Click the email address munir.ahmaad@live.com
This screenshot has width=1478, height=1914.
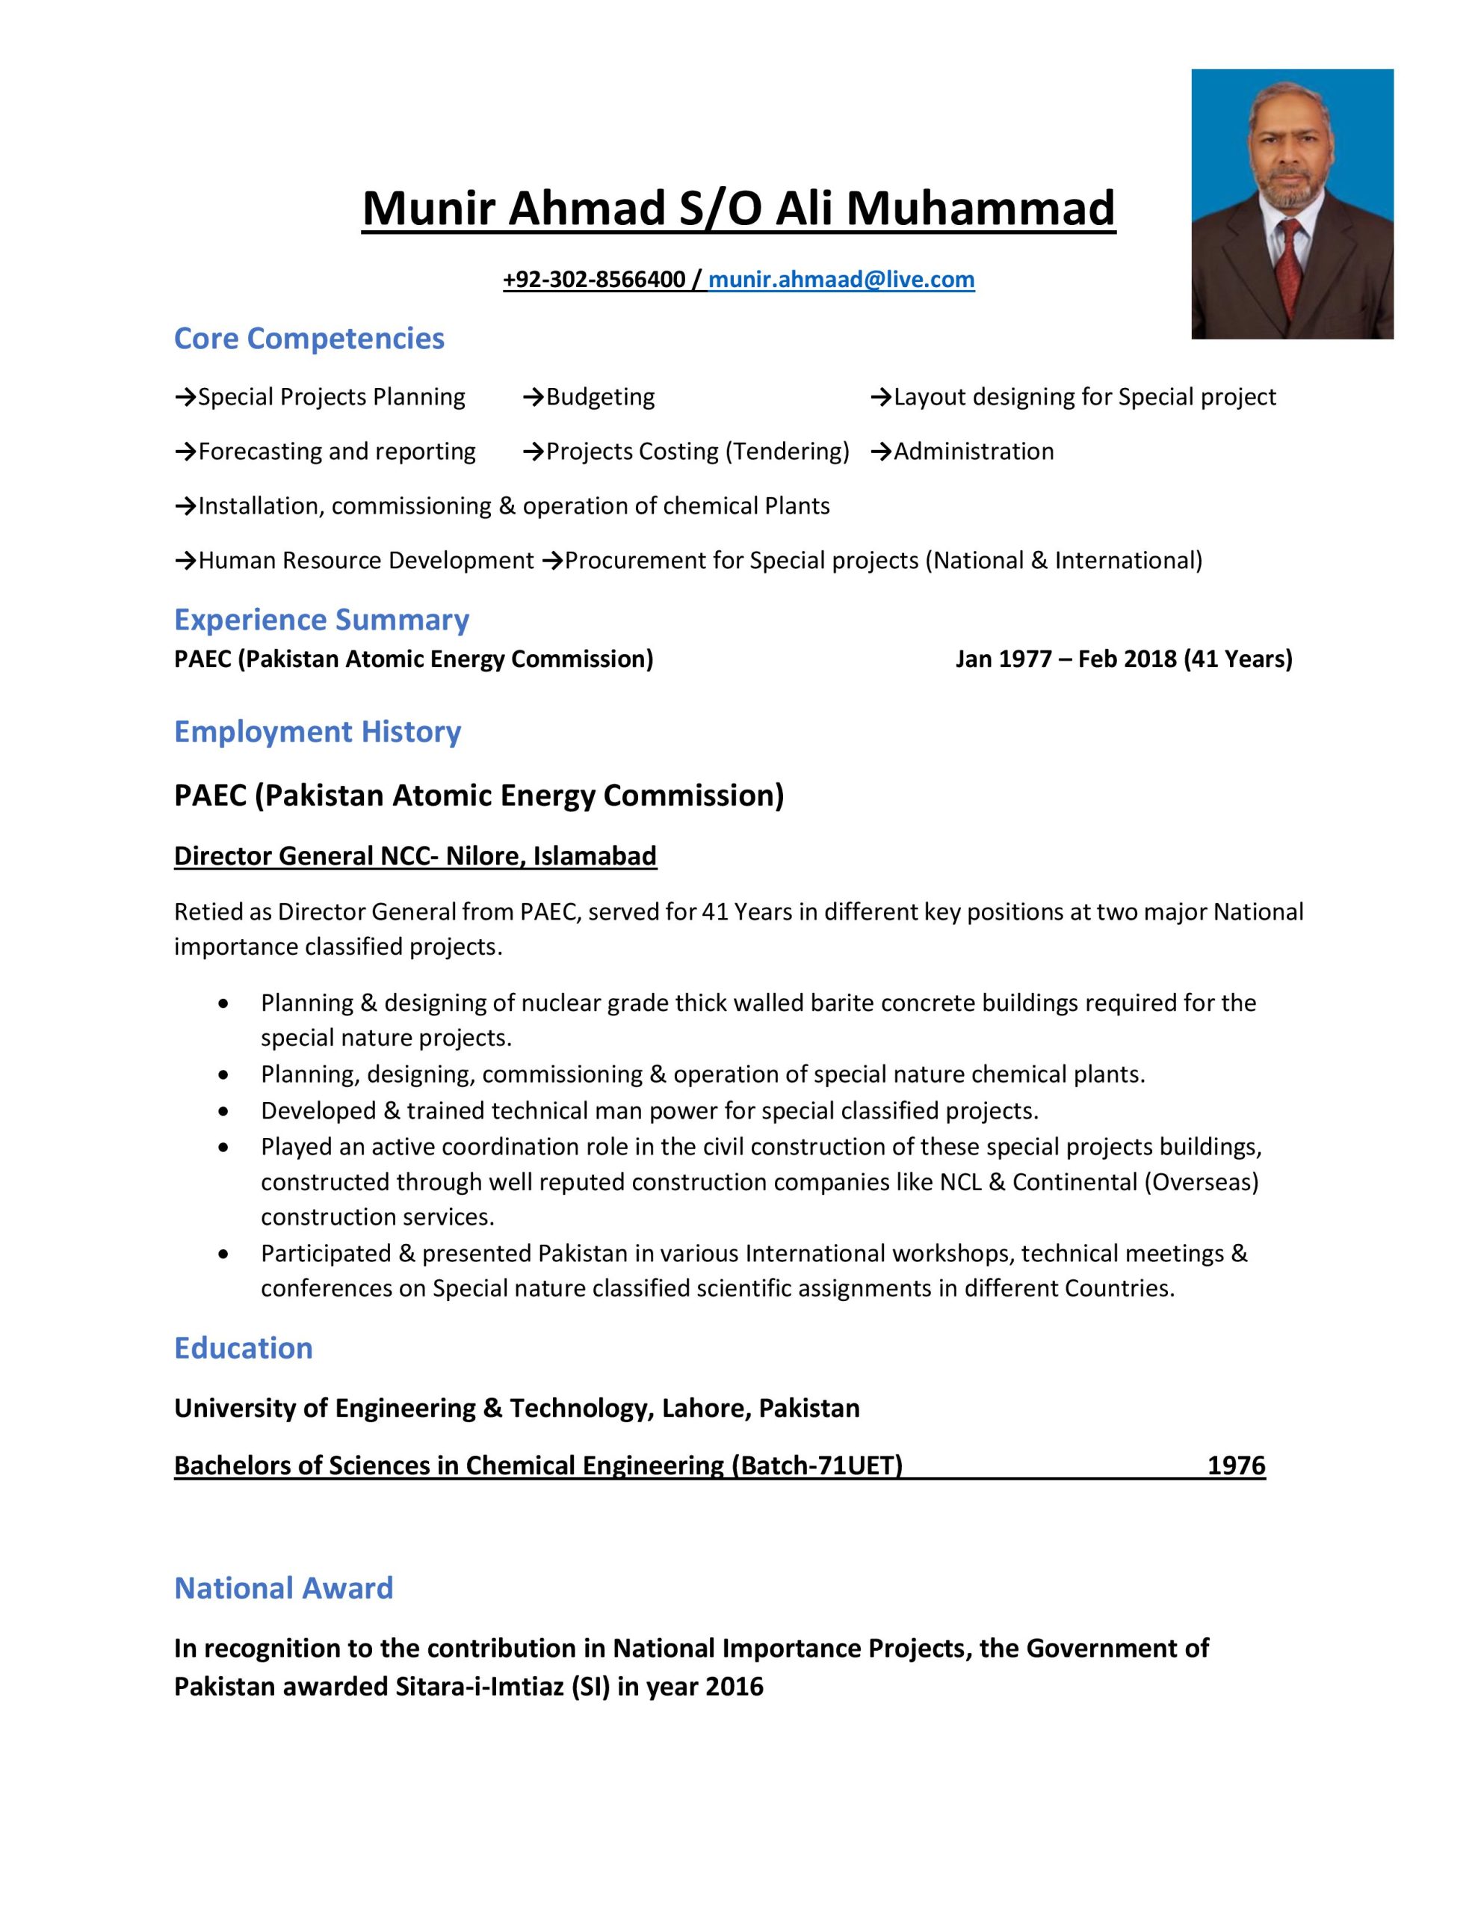point(841,280)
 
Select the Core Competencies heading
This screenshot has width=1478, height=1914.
point(309,338)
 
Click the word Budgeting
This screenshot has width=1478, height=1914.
point(600,397)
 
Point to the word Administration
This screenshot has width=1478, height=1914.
point(974,452)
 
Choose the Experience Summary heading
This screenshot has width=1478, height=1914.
point(321,620)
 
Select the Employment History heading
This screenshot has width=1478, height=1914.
point(317,731)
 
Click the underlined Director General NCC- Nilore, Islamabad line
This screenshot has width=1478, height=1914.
point(415,855)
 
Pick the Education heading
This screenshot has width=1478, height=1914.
point(244,1347)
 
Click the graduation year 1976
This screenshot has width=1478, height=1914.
point(1236,1465)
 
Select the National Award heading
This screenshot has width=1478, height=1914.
point(284,1587)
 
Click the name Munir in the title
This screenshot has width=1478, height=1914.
point(427,209)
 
